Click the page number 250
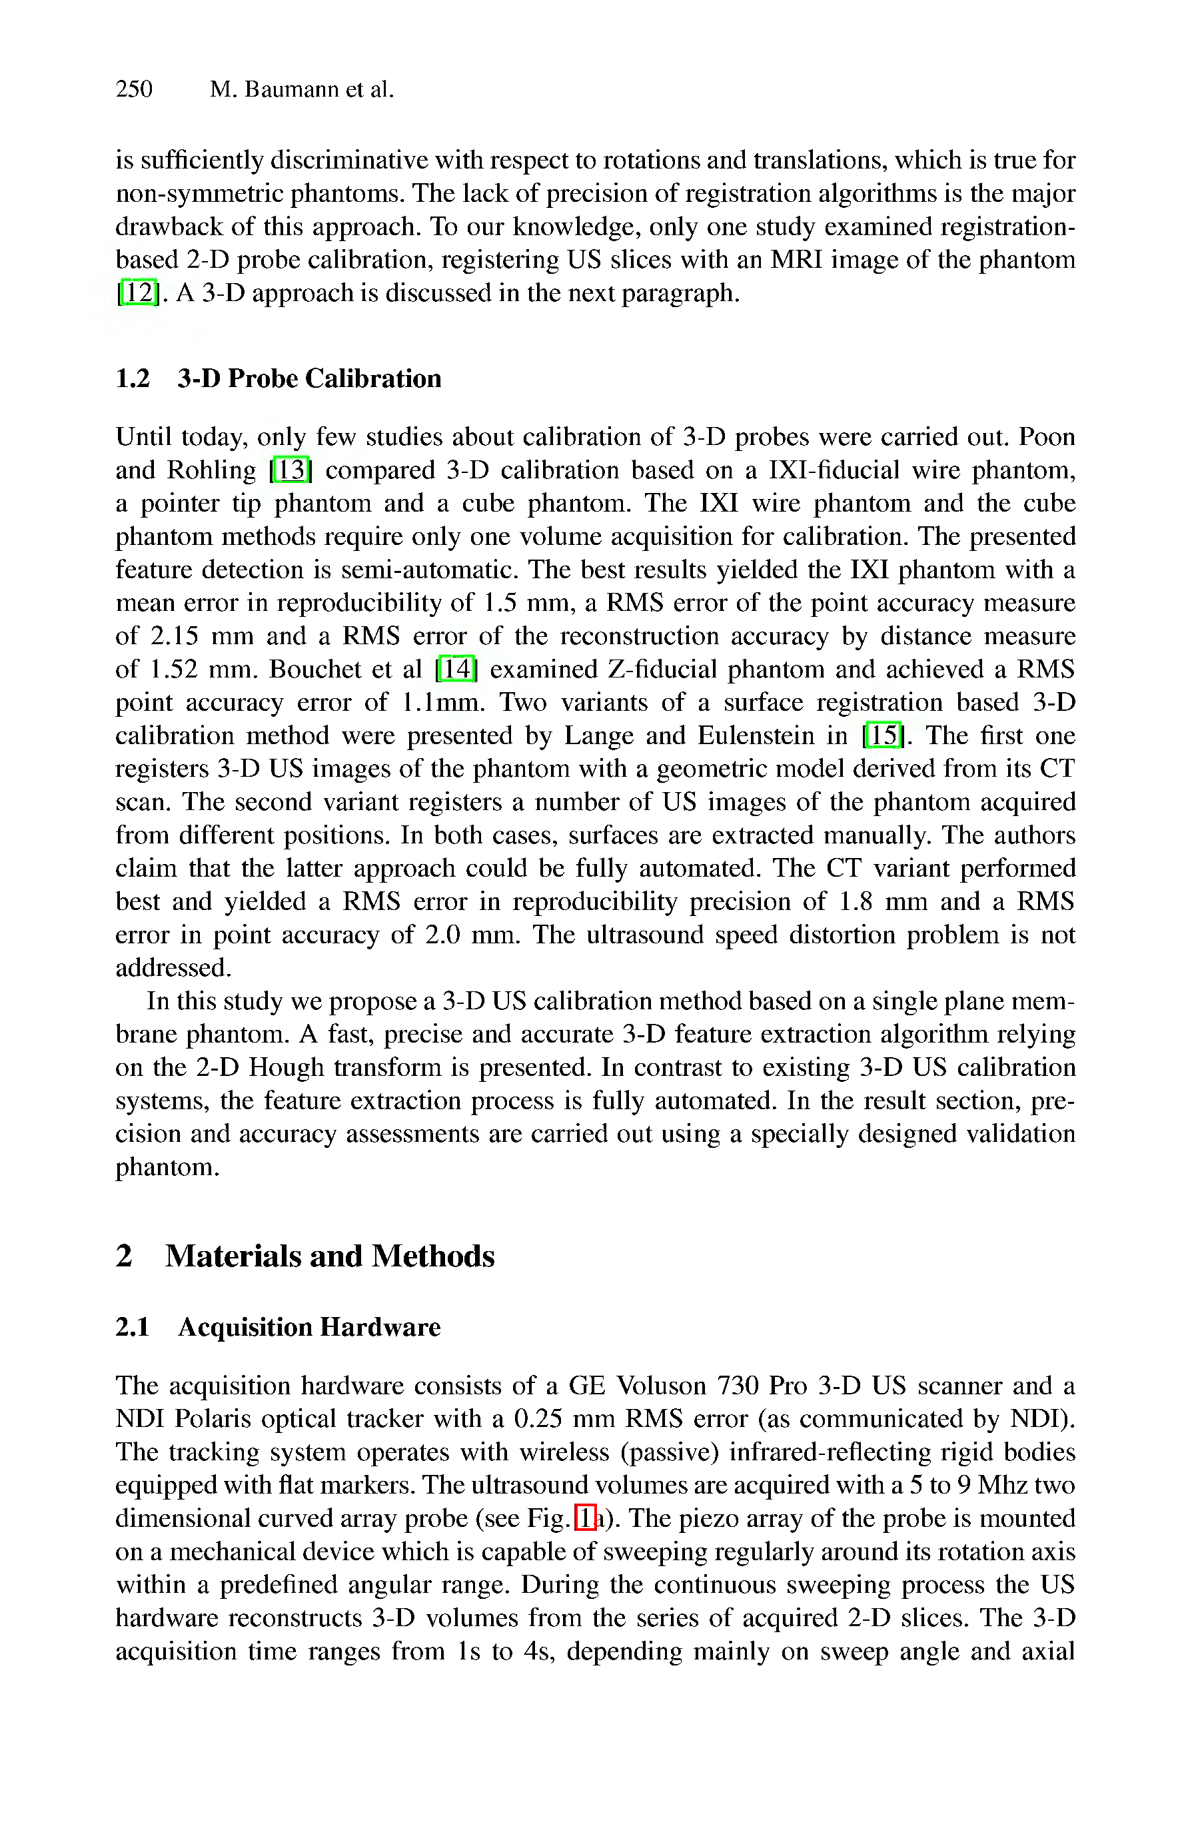pos(134,89)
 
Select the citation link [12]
pos(139,292)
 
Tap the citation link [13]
pos(291,470)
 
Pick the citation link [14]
pos(456,668)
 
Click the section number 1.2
pos(133,378)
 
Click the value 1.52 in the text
pos(170,668)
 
